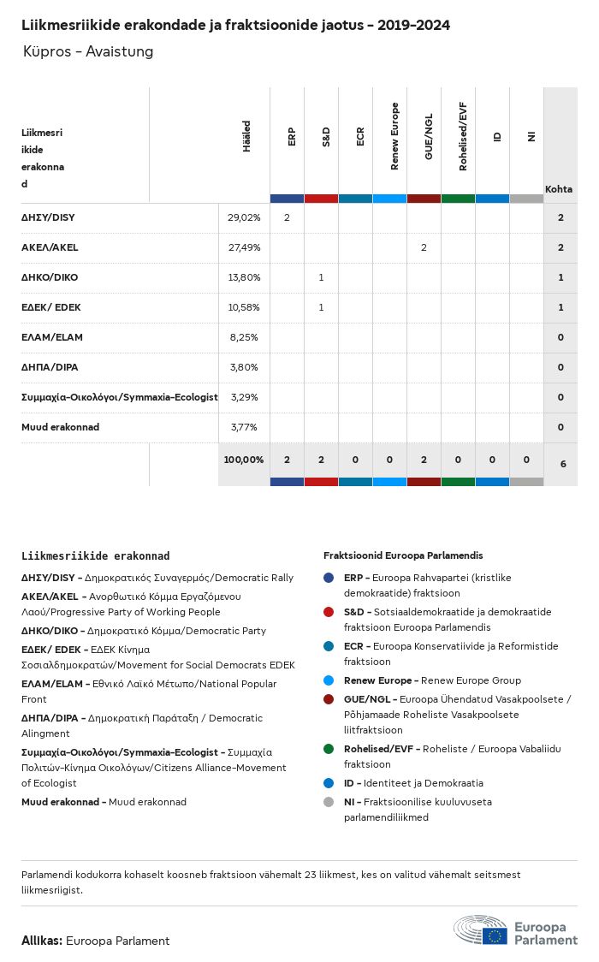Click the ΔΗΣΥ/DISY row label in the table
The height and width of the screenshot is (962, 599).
(49, 217)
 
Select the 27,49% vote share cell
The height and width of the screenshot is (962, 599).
(244, 247)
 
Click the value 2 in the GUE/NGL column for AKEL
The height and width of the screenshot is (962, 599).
(424, 247)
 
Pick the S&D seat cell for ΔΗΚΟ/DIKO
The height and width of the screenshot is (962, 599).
(321, 277)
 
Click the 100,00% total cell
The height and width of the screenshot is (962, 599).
(244, 460)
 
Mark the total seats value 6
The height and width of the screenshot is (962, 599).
(562, 463)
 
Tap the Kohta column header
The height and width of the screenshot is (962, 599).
(559, 189)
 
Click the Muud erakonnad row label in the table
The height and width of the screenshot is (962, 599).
(60, 427)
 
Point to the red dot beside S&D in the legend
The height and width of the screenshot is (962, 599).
(329, 612)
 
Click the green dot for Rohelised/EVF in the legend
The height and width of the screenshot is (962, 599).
(329, 749)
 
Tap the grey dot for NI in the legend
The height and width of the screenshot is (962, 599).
(329, 802)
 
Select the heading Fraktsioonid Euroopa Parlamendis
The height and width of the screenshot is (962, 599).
(404, 555)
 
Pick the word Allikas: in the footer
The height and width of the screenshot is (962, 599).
(41, 941)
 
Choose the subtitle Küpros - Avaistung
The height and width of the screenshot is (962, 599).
(88, 51)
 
